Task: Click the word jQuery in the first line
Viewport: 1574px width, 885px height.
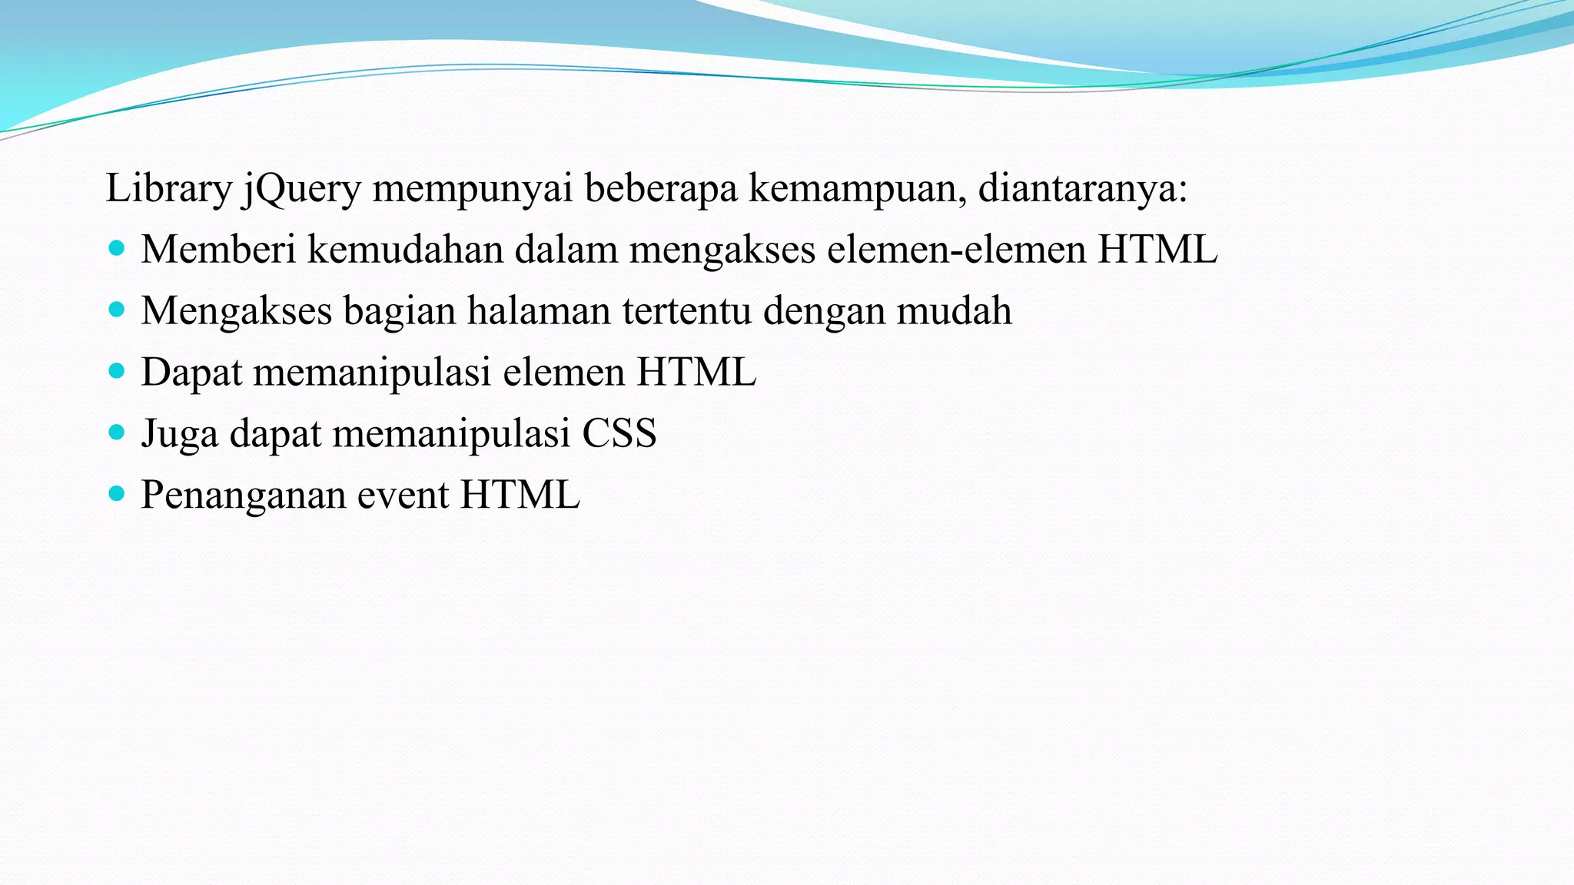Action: point(301,189)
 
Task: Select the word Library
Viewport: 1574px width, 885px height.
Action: point(168,189)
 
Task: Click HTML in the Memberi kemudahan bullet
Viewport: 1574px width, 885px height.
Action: point(1157,250)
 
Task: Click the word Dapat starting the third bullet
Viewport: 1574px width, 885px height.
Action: point(191,373)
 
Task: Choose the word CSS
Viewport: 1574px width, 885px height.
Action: point(619,433)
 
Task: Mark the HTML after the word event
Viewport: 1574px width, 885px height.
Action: point(520,495)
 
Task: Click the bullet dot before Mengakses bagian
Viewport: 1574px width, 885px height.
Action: point(117,310)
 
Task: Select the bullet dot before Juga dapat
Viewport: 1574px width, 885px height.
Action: point(117,433)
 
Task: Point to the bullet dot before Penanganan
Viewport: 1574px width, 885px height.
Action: point(117,493)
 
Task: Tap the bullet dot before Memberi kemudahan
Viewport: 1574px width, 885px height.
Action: point(117,248)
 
